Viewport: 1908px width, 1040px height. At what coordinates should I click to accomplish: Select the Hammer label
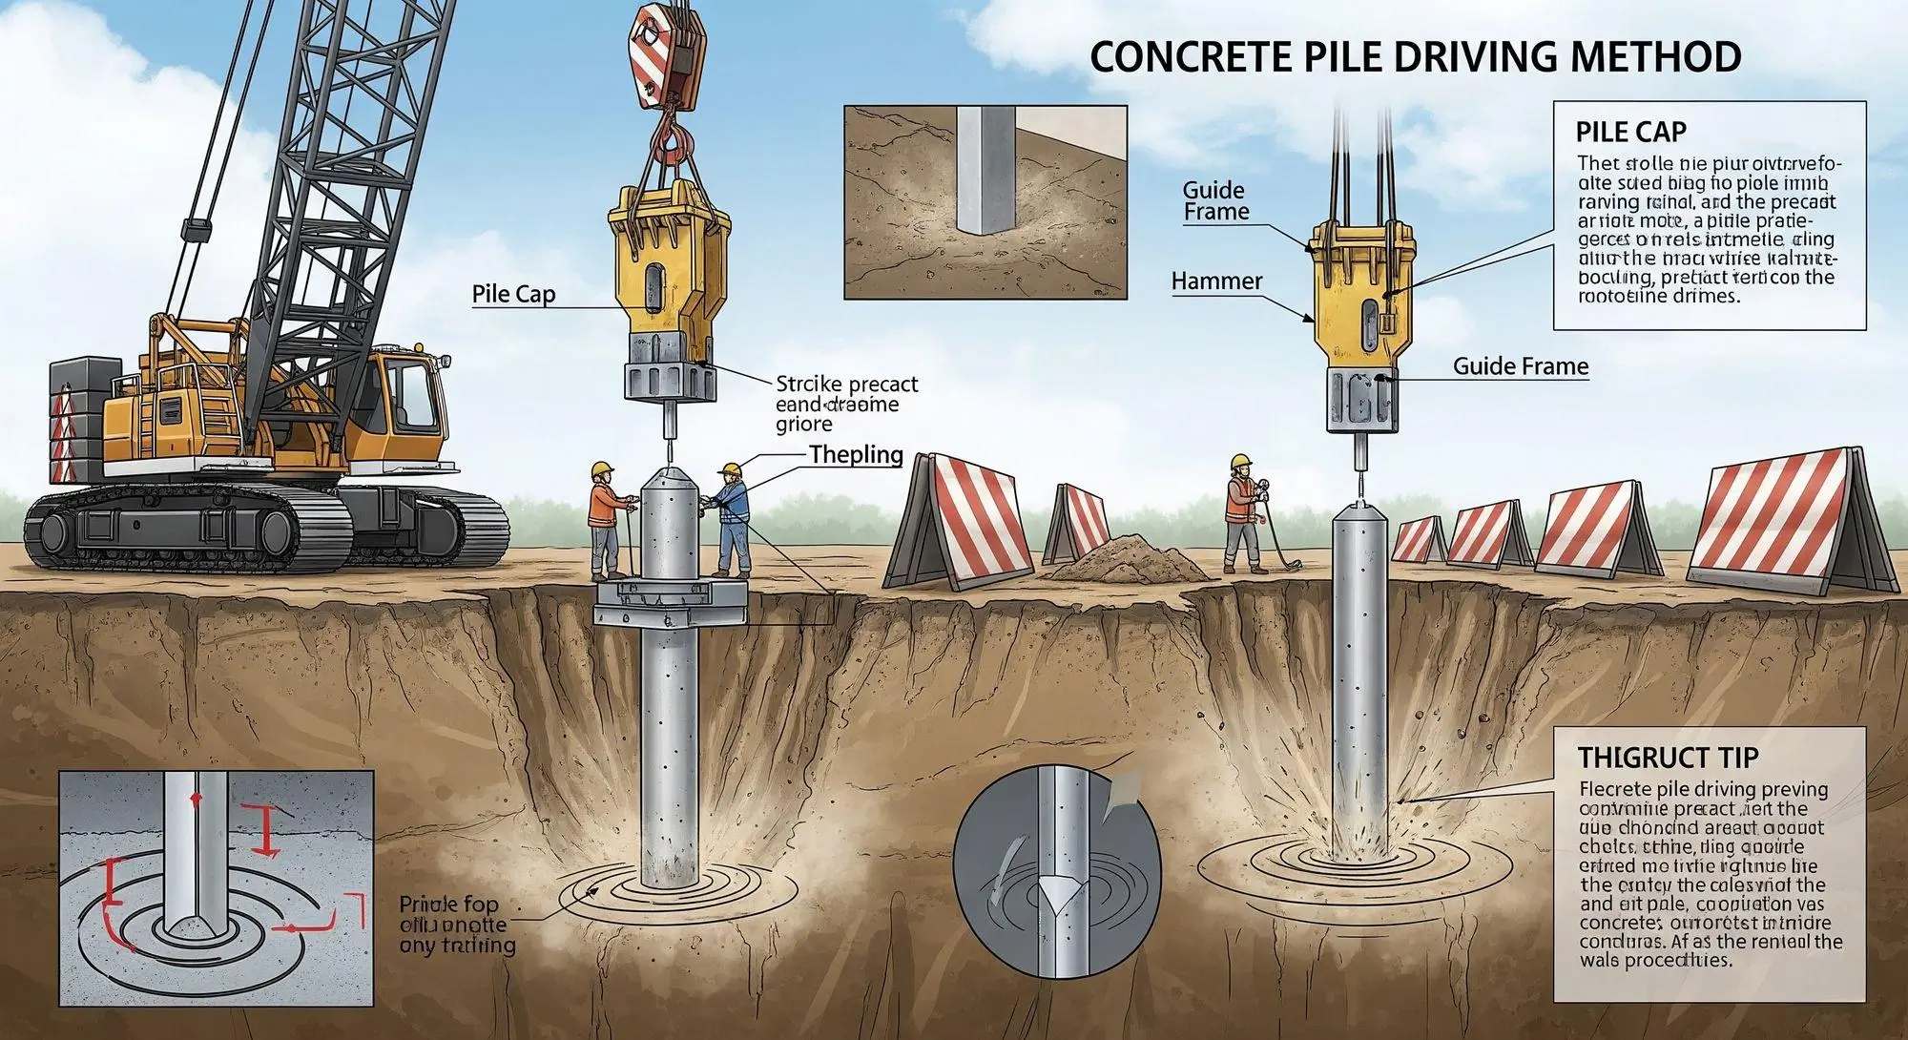(x=1216, y=281)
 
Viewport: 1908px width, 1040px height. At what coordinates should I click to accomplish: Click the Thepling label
(x=856, y=454)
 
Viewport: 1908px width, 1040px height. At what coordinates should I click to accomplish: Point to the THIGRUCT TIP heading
(x=1667, y=758)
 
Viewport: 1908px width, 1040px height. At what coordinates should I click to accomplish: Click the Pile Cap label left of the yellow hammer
(x=513, y=294)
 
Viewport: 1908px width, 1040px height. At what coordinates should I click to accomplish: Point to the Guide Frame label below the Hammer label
(x=1520, y=366)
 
